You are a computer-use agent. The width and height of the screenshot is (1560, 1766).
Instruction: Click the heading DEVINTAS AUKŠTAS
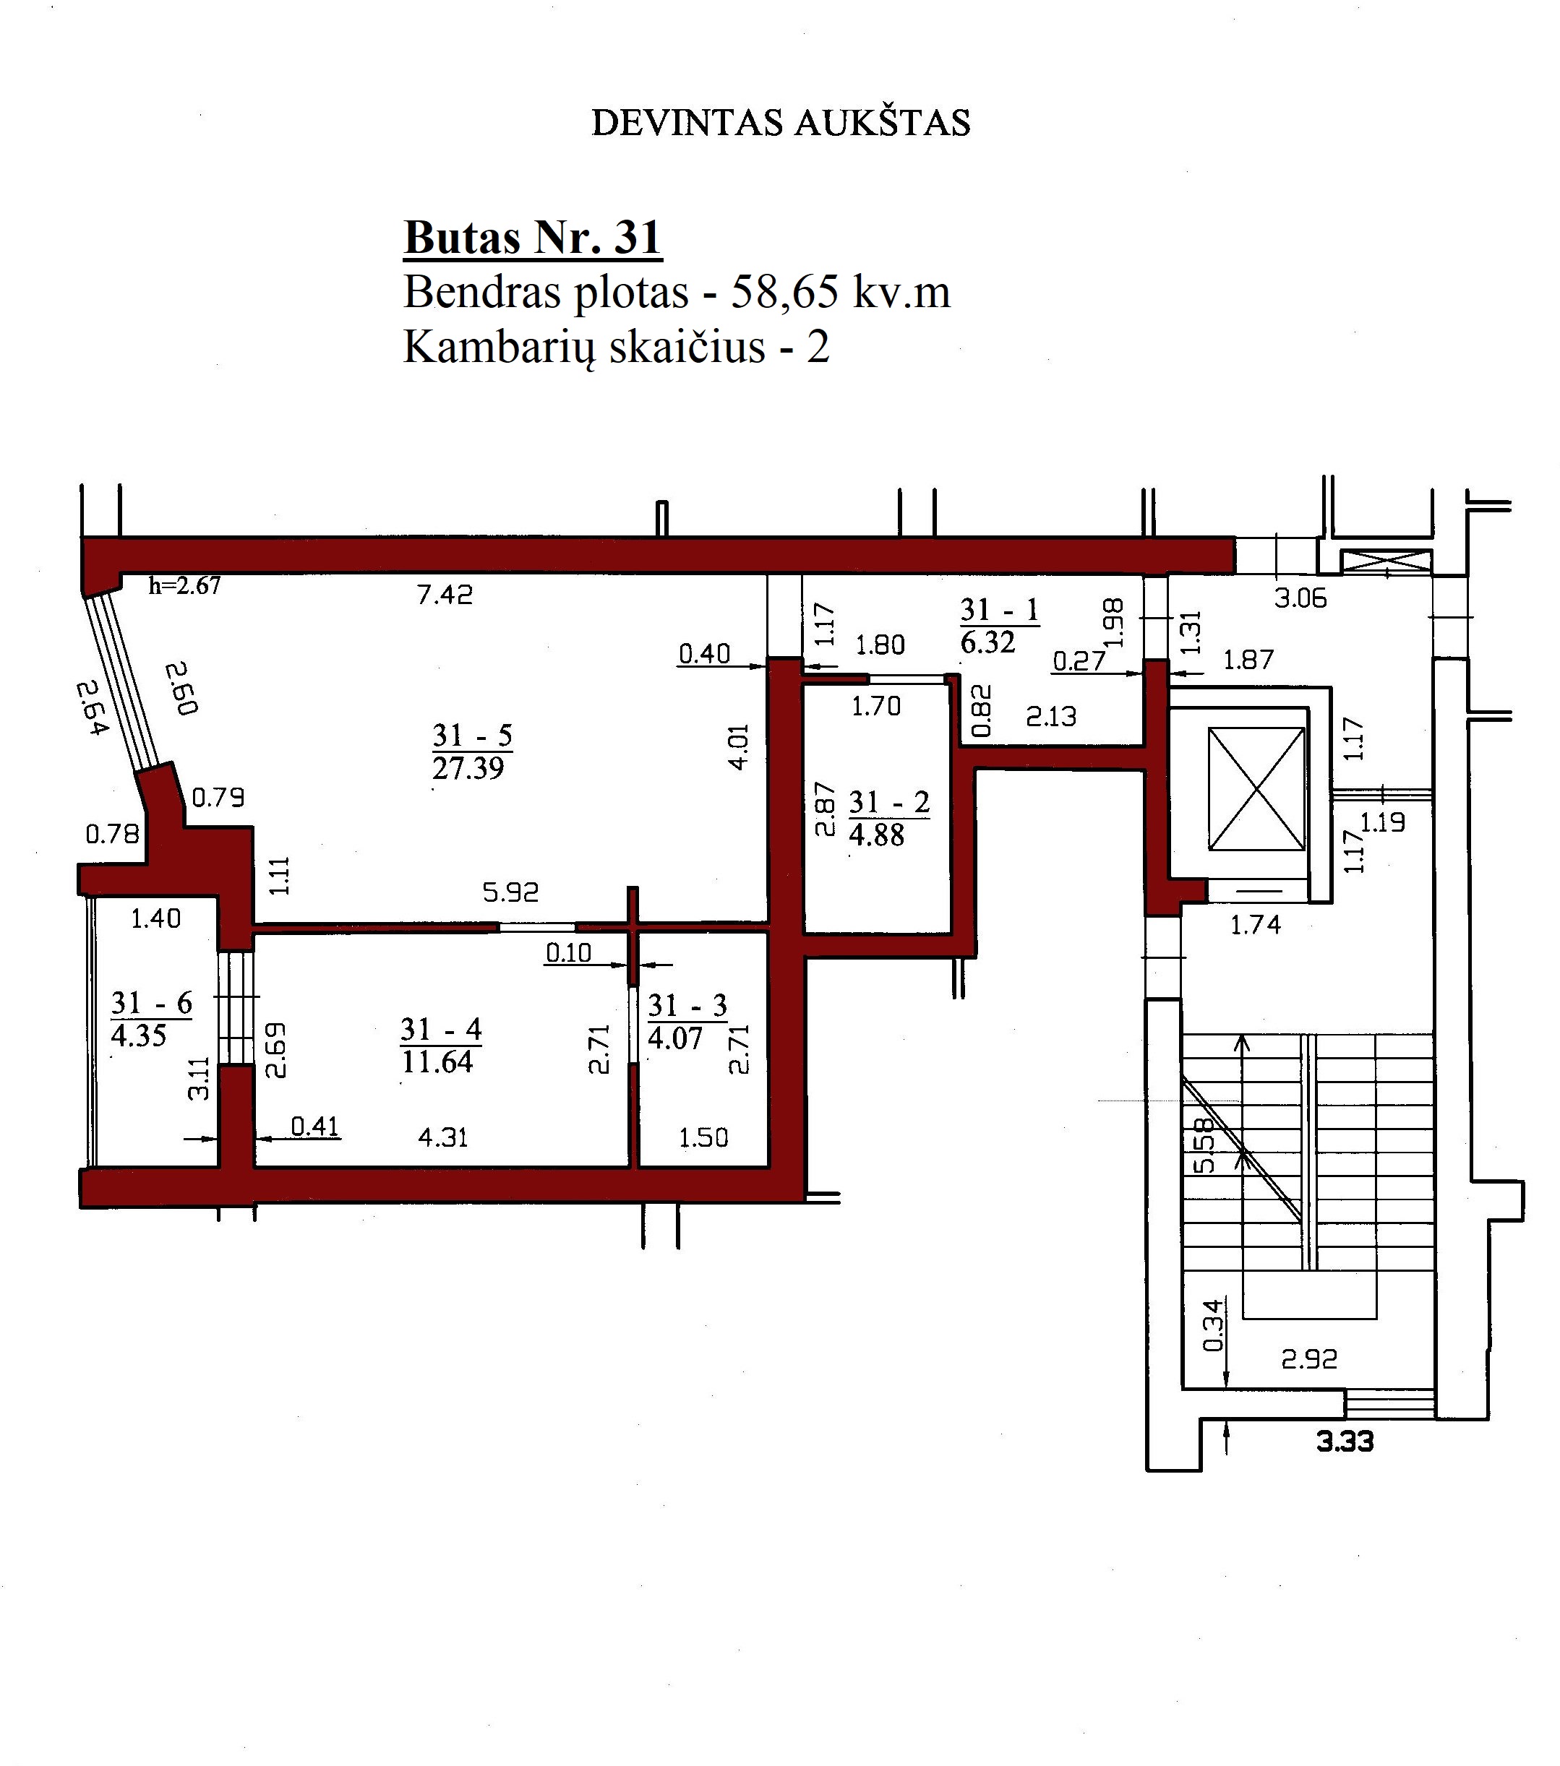[x=781, y=123]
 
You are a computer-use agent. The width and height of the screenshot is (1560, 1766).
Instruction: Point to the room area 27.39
[x=468, y=768]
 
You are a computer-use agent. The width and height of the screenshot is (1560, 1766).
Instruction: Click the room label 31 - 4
[x=440, y=1029]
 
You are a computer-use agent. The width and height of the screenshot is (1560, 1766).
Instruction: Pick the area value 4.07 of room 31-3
[x=675, y=1038]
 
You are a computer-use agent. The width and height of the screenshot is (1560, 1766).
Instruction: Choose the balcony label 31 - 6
[x=151, y=1003]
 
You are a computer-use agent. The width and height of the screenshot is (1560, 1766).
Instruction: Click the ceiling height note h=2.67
[x=185, y=586]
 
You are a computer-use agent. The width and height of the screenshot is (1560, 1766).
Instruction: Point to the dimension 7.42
[x=445, y=595]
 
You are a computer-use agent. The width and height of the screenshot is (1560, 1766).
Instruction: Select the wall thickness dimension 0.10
[x=569, y=953]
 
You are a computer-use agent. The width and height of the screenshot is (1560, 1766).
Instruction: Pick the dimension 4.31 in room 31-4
[x=442, y=1137]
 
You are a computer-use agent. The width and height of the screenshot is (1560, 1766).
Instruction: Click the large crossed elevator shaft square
[x=1256, y=789]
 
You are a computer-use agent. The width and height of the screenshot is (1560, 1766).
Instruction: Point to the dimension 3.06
[x=1300, y=598]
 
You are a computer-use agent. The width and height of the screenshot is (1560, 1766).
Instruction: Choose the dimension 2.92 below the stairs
[x=1308, y=1360]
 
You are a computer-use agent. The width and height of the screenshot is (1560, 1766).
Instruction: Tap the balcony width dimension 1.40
[x=155, y=918]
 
